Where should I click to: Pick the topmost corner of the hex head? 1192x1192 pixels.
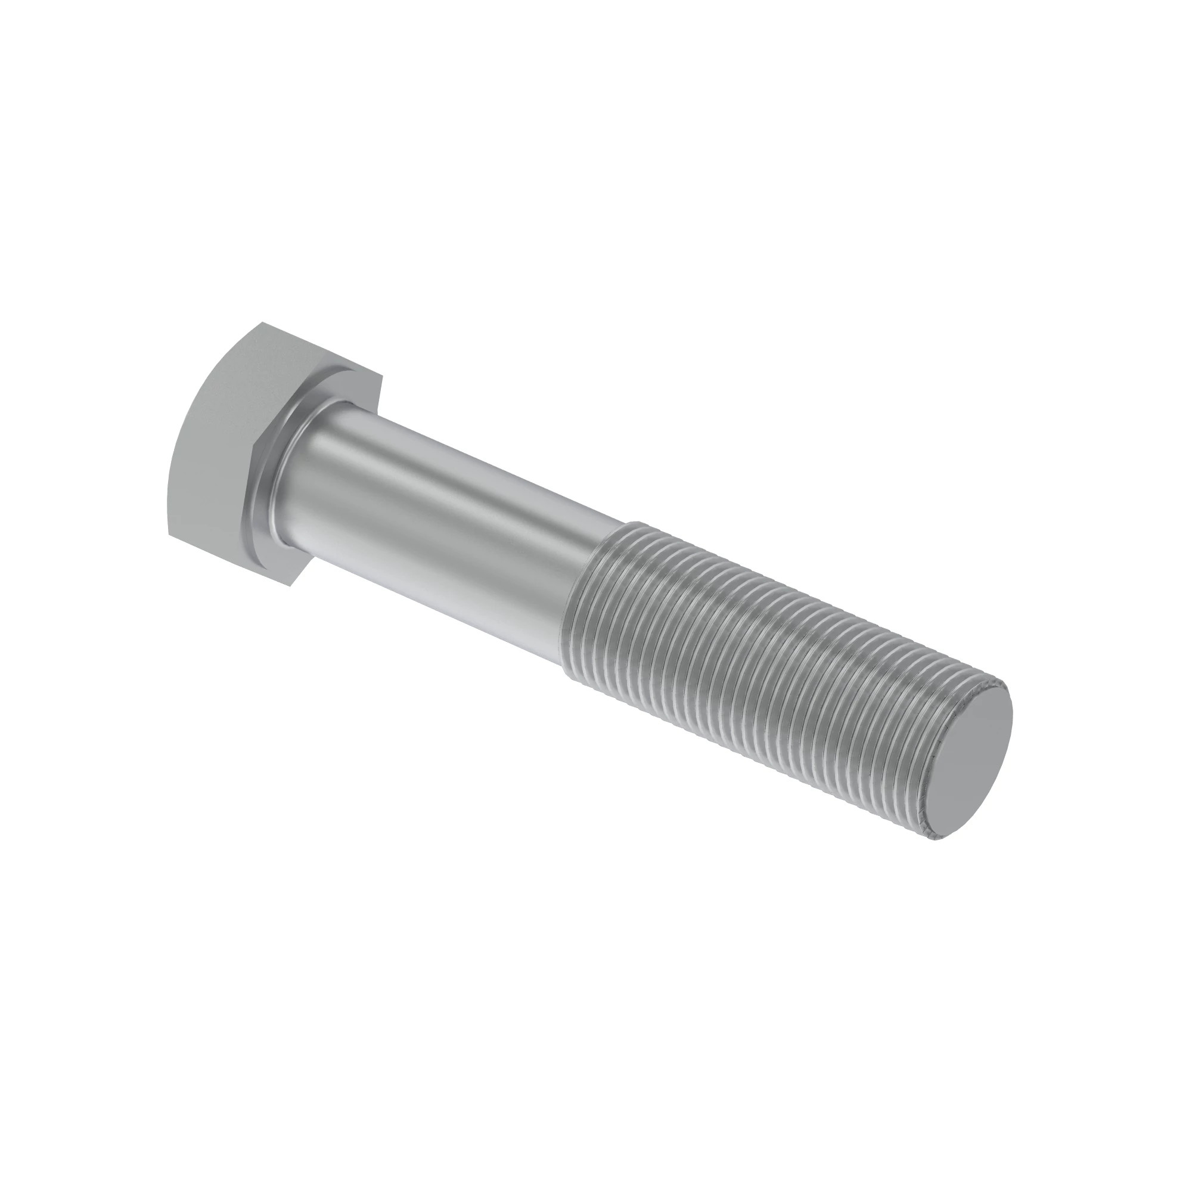pyautogui.click(x=262, y=322)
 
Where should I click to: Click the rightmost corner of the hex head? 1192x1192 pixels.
pyautogui.click(x=383, y=376)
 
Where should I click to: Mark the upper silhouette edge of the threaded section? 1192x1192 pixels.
pyautogui.click(x=802, y=592)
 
